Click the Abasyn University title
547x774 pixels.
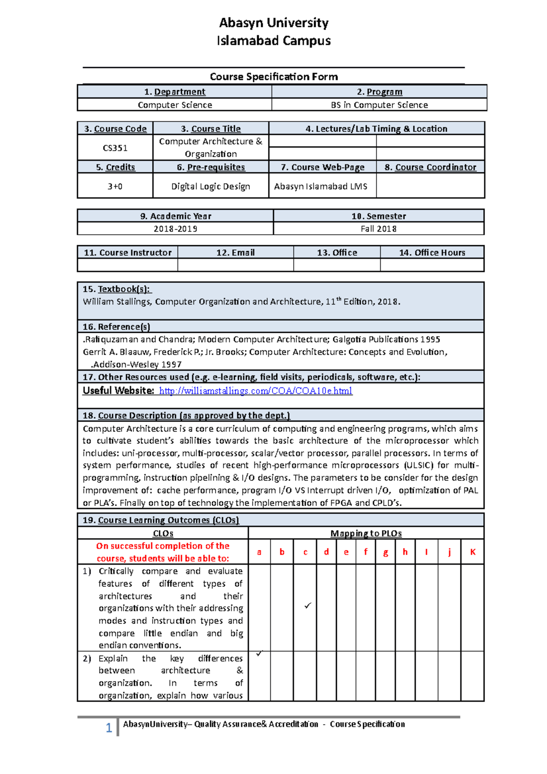[x=273, y=23]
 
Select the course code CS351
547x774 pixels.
[x=115, y=148]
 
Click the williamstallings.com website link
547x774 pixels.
[x=255, y=391]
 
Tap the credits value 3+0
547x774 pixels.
[x=115, y=186]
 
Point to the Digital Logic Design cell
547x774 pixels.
[x=211, y=186]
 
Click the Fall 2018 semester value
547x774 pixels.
[x=378, y=229]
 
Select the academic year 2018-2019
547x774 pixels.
[x=175, y=229]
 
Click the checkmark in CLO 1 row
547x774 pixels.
[x=308, y=606]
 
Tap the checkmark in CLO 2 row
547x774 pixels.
[x=259, y=654]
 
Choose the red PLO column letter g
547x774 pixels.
[x=386, y=552]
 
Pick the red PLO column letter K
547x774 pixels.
[x=473, y=552]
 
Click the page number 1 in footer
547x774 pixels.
[x=109, y=728]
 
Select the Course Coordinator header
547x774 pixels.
[x=431, y=167]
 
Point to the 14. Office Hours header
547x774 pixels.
[x=432, y=253]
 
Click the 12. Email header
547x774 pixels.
[x=235, y=253]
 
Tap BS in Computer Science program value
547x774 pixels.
[x=379, y=105]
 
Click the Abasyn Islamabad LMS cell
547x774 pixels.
[x=320, y=186]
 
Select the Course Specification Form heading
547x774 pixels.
[x=273, y=77]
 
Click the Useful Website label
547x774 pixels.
[x=118, y=391]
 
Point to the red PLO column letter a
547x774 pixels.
[x=259, y=552]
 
